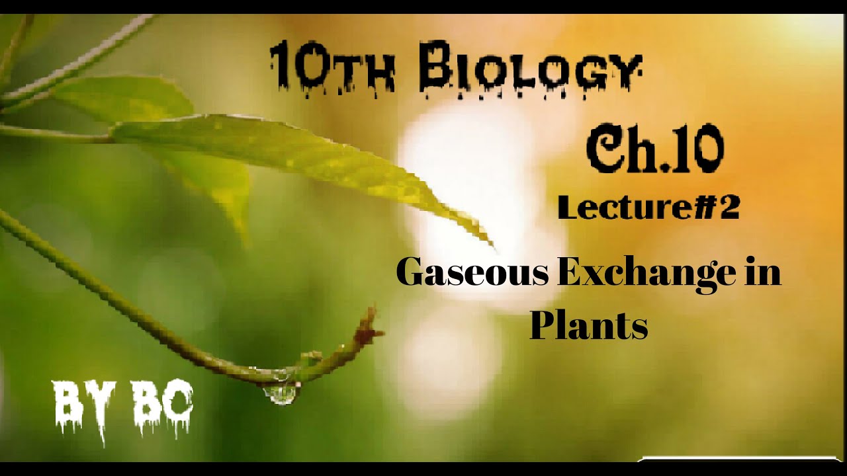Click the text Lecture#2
click(x=648, y=208)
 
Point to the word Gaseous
click(x=472, y=272)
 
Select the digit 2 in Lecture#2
click(x=728, y=208)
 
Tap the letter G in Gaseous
click(x=411, y=272)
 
